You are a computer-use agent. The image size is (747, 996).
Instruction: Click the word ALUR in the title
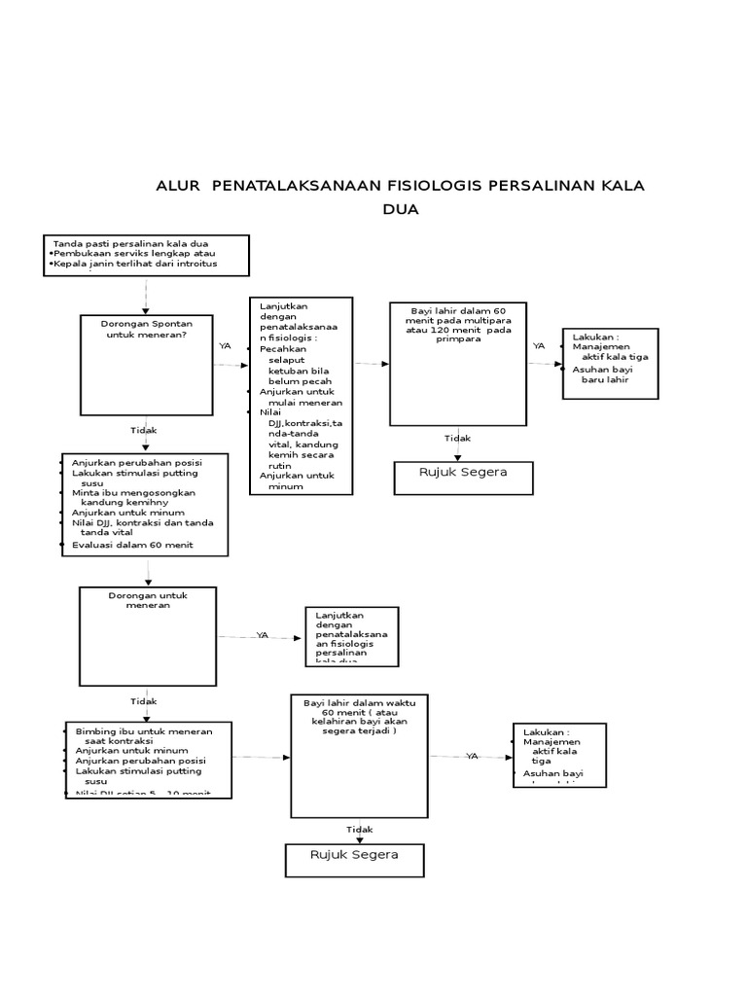(177, 186)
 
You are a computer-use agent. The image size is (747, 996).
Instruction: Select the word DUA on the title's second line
(399, 209)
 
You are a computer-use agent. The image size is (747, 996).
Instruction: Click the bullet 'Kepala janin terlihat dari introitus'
(136, 264)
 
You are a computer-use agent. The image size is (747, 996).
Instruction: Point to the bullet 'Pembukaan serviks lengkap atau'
(134, 253)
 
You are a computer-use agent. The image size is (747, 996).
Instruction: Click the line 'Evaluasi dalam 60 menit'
(132, 545)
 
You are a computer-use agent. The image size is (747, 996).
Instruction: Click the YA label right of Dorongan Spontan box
(225, 345)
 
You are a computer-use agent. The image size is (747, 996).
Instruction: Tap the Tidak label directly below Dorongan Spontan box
(143, 430)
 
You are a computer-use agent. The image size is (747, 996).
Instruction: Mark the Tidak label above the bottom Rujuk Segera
(359, 828)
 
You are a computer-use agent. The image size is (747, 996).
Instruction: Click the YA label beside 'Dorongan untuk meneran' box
(262, 634)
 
